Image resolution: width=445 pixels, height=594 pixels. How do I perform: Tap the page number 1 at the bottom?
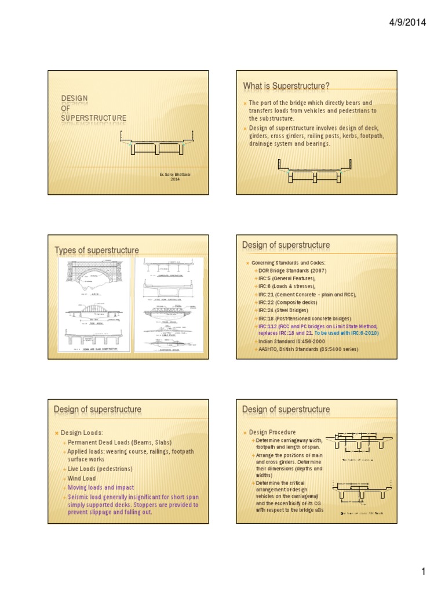click(424, 572)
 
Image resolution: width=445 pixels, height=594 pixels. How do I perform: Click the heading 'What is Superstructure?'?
click(286, 86)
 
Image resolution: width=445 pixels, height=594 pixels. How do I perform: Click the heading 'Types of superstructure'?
click(97, 250)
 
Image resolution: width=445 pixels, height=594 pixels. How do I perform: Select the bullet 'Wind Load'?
click(82, 479)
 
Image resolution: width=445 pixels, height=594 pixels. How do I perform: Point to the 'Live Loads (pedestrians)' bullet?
click(100, 469)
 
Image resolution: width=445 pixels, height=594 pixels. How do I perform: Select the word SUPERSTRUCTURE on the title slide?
click(93, 118)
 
